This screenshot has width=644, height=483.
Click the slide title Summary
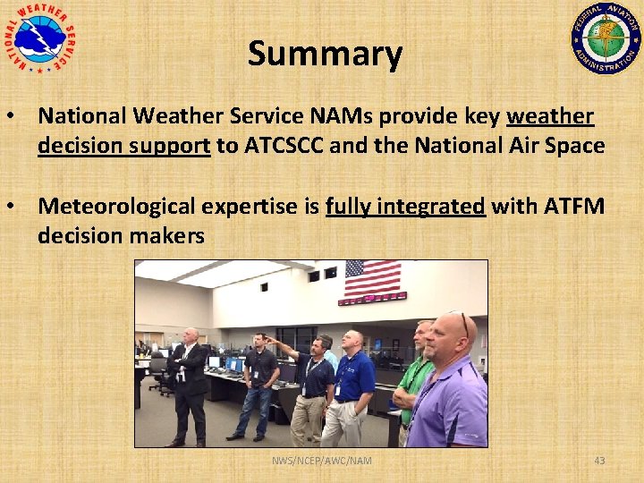tap(325, 54)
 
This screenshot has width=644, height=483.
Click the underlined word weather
tap(549, 116)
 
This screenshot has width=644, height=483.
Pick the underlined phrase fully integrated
tap(404, 207)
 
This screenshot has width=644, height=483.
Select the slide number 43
tap(599, 461)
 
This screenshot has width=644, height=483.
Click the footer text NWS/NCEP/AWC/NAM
tap(322, 461)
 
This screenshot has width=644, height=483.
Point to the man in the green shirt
tap(413, 376)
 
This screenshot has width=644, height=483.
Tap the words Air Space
tap(555, 146)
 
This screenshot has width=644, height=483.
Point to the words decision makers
tap(121, 236)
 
